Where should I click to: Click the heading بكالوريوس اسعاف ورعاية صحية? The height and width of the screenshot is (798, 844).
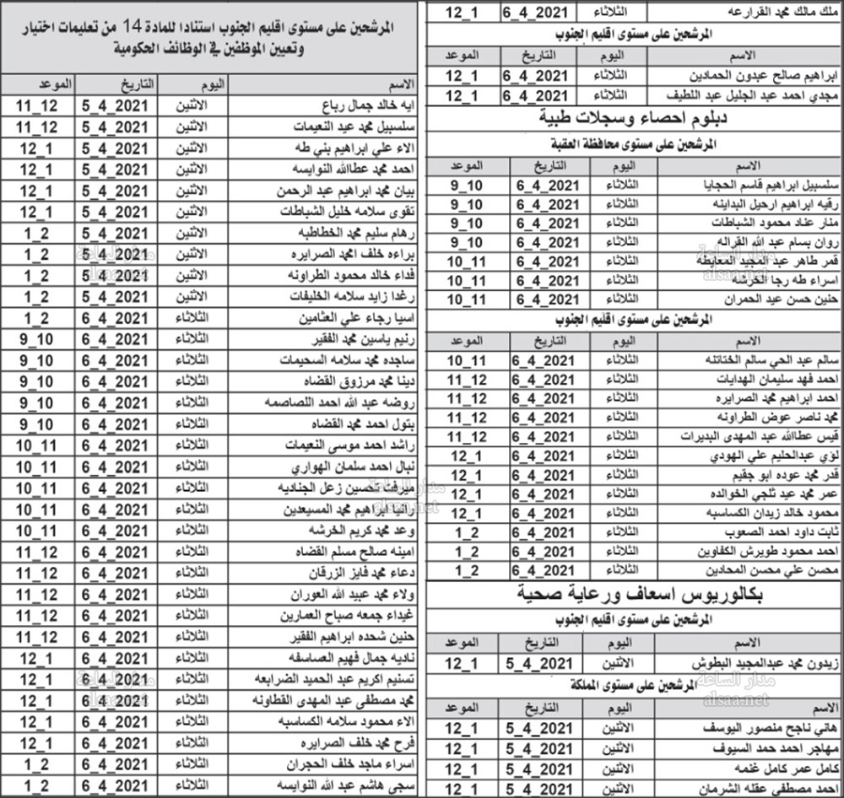click(634, 594)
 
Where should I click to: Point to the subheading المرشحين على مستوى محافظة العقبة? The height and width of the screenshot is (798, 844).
click(635, 144)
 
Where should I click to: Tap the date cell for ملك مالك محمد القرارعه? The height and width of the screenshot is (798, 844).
click(545, 12)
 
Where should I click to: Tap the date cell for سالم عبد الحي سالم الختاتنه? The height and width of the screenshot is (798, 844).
click(545, 360)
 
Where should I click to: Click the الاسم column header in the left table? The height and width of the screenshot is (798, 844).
click(398, 85)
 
